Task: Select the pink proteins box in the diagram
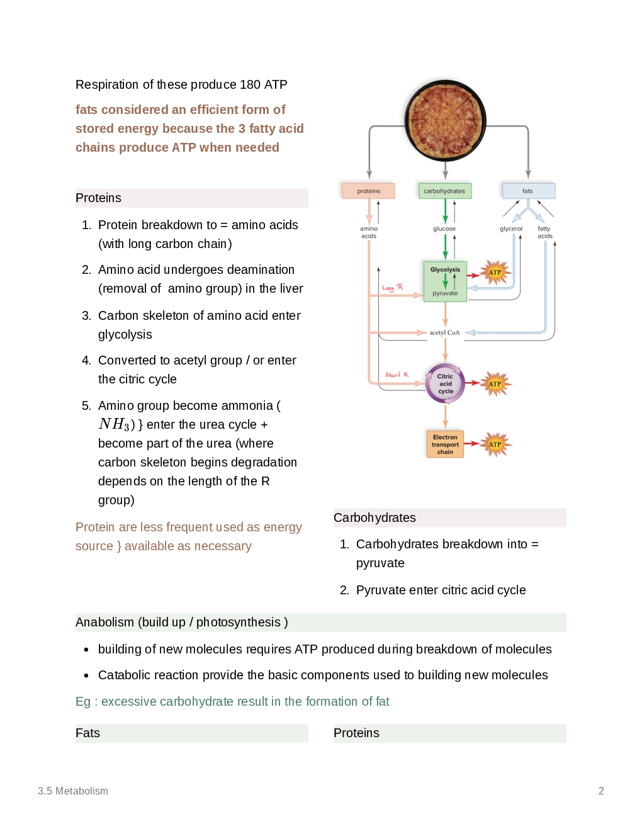pos(368,191)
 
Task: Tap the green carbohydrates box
pos(444,191)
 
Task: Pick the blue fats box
pos(527,191)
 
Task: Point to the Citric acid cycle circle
pos(445,383)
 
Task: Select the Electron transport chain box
pos(445,444)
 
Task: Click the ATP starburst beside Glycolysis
pos(495,273)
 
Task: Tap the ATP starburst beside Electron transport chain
pos(495,444)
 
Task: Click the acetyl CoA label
pos(444,332)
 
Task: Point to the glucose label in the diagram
pos(444,229)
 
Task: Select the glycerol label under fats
pos(511,229)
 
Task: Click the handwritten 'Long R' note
pos(392,288)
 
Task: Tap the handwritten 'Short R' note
pos(397,375)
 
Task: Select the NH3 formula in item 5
pos(114,424)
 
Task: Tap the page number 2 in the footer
pos(601,791)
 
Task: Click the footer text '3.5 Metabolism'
pos(73,791)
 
